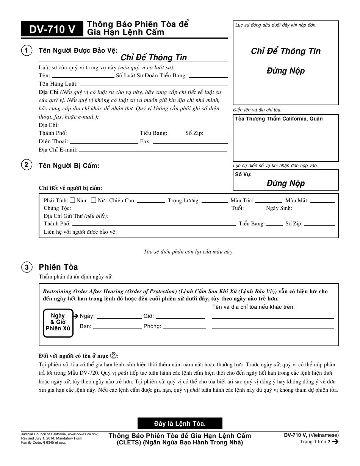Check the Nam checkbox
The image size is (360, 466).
[x=72, y=200]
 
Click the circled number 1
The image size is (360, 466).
[x=27, y=51]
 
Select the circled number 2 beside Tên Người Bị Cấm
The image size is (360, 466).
[x=27, y=165]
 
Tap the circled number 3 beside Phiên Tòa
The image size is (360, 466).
[x=27, y=267]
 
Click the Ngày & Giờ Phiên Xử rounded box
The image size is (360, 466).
[x=58, y=322]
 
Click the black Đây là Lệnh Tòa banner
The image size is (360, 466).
[x=180, y=423]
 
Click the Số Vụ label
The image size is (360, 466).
[x=243, y=175]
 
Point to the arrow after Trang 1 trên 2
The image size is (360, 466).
[x=335, y=441]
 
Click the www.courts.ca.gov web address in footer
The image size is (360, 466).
[x=83, y=435]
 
